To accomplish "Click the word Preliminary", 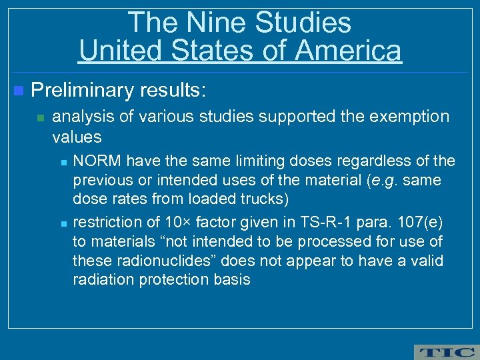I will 81,89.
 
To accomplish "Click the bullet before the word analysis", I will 40,118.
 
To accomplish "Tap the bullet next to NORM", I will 61,161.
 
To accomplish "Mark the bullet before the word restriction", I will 61,221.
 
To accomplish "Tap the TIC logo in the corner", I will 445,351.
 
